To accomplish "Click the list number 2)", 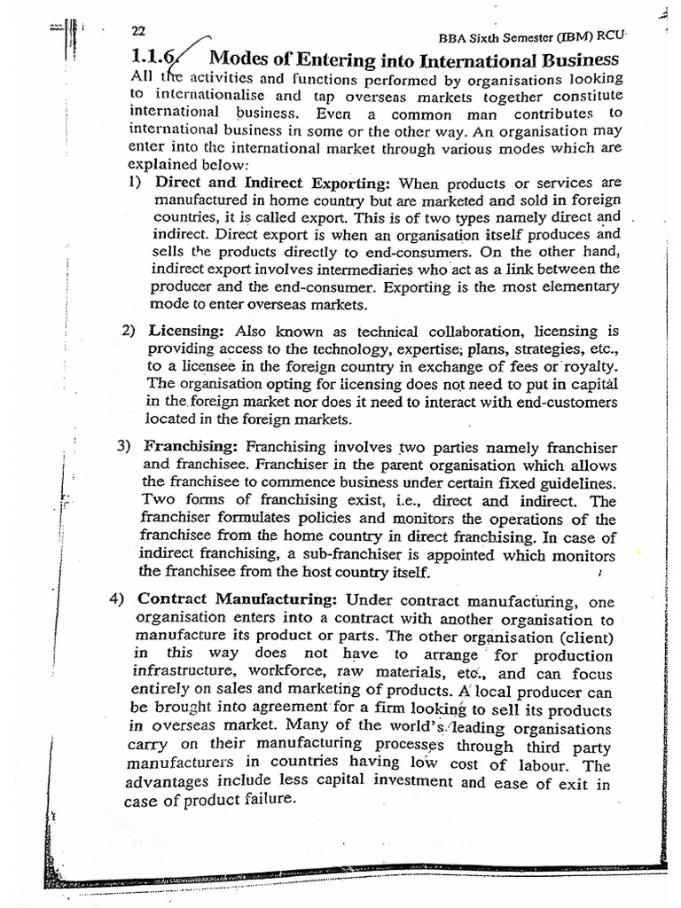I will tap(128, 331).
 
